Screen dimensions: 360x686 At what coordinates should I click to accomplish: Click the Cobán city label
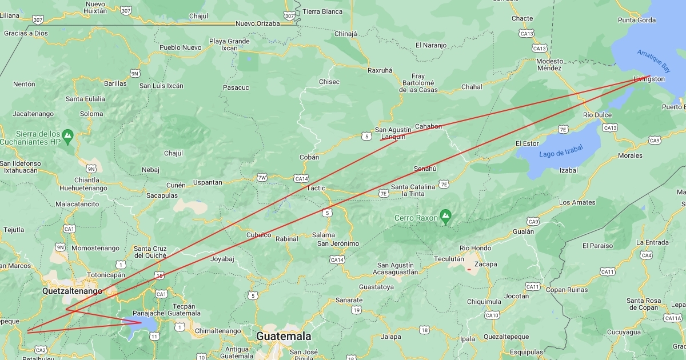click(309, 157)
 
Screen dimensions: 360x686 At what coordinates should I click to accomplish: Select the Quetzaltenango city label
click(72, 291)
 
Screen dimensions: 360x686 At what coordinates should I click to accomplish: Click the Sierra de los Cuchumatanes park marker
click(68, 135)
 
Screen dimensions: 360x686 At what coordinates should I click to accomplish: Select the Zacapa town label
click(486, 264)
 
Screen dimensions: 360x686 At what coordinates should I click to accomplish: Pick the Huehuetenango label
click(83, 187)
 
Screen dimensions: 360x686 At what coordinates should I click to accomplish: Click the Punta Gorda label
click(637, 20)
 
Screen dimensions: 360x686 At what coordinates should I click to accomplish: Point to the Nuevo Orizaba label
click(258, 23)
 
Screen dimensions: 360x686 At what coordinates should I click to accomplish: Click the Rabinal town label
click(287, 239)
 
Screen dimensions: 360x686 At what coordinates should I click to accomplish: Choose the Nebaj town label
click(151, 170)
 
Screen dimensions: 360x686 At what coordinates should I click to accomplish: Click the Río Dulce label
click(597, 115)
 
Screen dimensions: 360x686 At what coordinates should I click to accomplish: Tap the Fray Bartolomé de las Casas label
click(418, 83)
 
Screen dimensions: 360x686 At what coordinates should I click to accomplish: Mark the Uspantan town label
click(208, 182)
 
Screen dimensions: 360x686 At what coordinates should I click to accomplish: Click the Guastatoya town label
click(376, 287)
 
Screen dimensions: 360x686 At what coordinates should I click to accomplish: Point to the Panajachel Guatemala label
click(166, 313)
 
